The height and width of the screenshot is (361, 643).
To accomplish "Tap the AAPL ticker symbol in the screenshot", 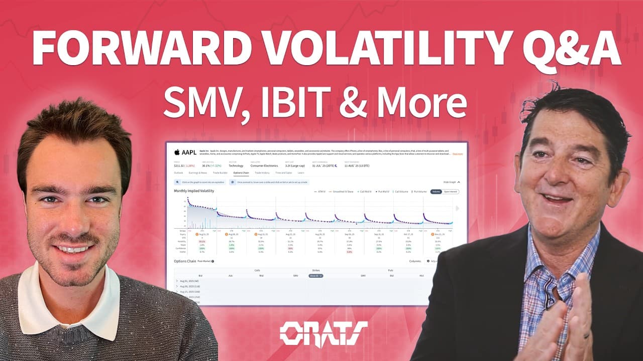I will click(x=189, y=152).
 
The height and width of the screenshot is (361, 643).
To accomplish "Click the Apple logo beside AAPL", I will click(x=177, y=152).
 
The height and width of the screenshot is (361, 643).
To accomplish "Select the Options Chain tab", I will click(x=241, y=172).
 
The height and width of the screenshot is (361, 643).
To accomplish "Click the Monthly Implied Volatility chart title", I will click(x=194, y=191).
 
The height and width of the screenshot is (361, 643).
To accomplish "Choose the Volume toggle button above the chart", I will click(x=436, y=192).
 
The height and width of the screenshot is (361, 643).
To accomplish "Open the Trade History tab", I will click(x=262, y=172).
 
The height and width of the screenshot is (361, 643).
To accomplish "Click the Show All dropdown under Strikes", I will click(x=315, y=276).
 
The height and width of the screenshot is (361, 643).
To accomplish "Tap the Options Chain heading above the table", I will click(x=185, y=261).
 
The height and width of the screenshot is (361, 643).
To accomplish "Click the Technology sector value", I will click(x=236, y=165).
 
